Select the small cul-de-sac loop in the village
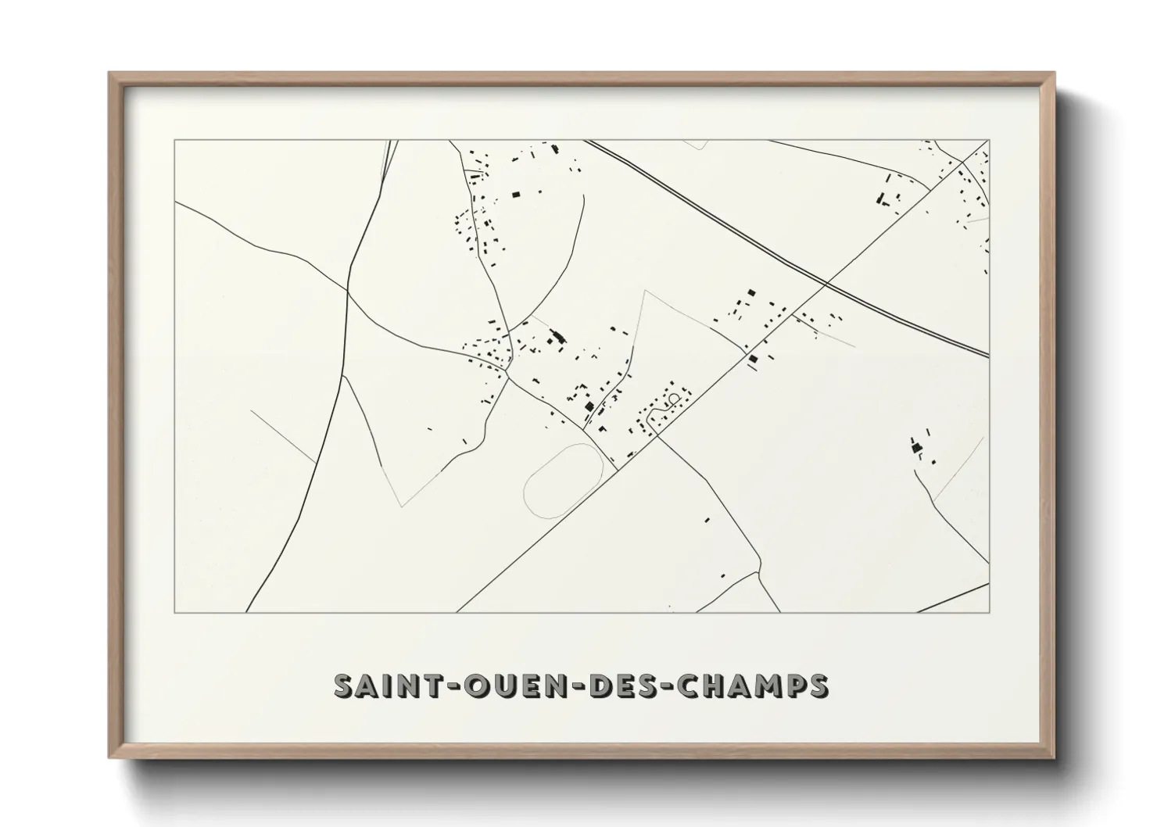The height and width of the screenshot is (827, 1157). point(673,399)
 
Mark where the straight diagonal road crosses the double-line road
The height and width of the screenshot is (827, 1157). point(827,282)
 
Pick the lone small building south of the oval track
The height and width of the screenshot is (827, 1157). point(707,519)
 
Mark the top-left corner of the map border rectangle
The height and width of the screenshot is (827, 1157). point(175,141)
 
